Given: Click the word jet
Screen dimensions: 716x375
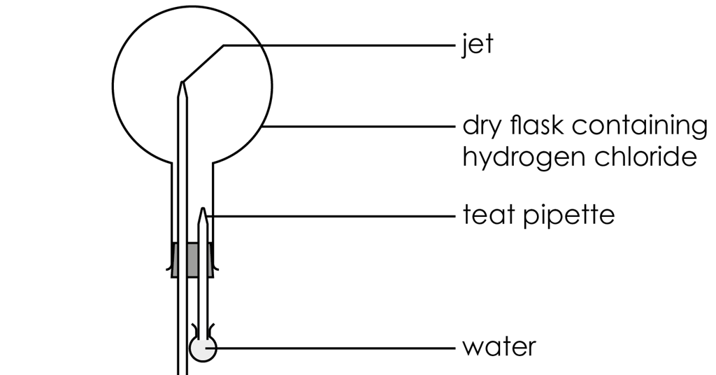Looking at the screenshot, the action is [x=478, y=45].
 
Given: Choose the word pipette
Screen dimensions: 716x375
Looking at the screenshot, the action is [x=569, y=215].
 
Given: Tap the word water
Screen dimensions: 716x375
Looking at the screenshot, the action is [x=499, y=348].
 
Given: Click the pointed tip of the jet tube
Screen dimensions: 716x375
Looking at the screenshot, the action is [x=182, y=82].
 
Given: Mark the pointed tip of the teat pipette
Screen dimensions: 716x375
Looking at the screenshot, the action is [x=203, y=208].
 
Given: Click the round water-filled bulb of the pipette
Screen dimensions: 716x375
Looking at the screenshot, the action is [x=203, y=349].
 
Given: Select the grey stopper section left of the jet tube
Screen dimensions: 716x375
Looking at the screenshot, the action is [x=174, y=260].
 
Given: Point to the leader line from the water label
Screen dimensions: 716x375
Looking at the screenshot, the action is [x=330, y=348].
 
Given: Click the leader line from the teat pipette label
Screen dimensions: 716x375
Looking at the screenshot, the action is [x=332, y=215].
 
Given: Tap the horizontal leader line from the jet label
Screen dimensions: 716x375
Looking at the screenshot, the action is [x=339, y=45].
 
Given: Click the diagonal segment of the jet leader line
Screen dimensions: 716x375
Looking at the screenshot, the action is [x=203, y=63].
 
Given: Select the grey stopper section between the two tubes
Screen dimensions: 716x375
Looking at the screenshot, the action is [x=193, y=260].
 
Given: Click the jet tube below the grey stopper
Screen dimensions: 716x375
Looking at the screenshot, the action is [x=182, y=326].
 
